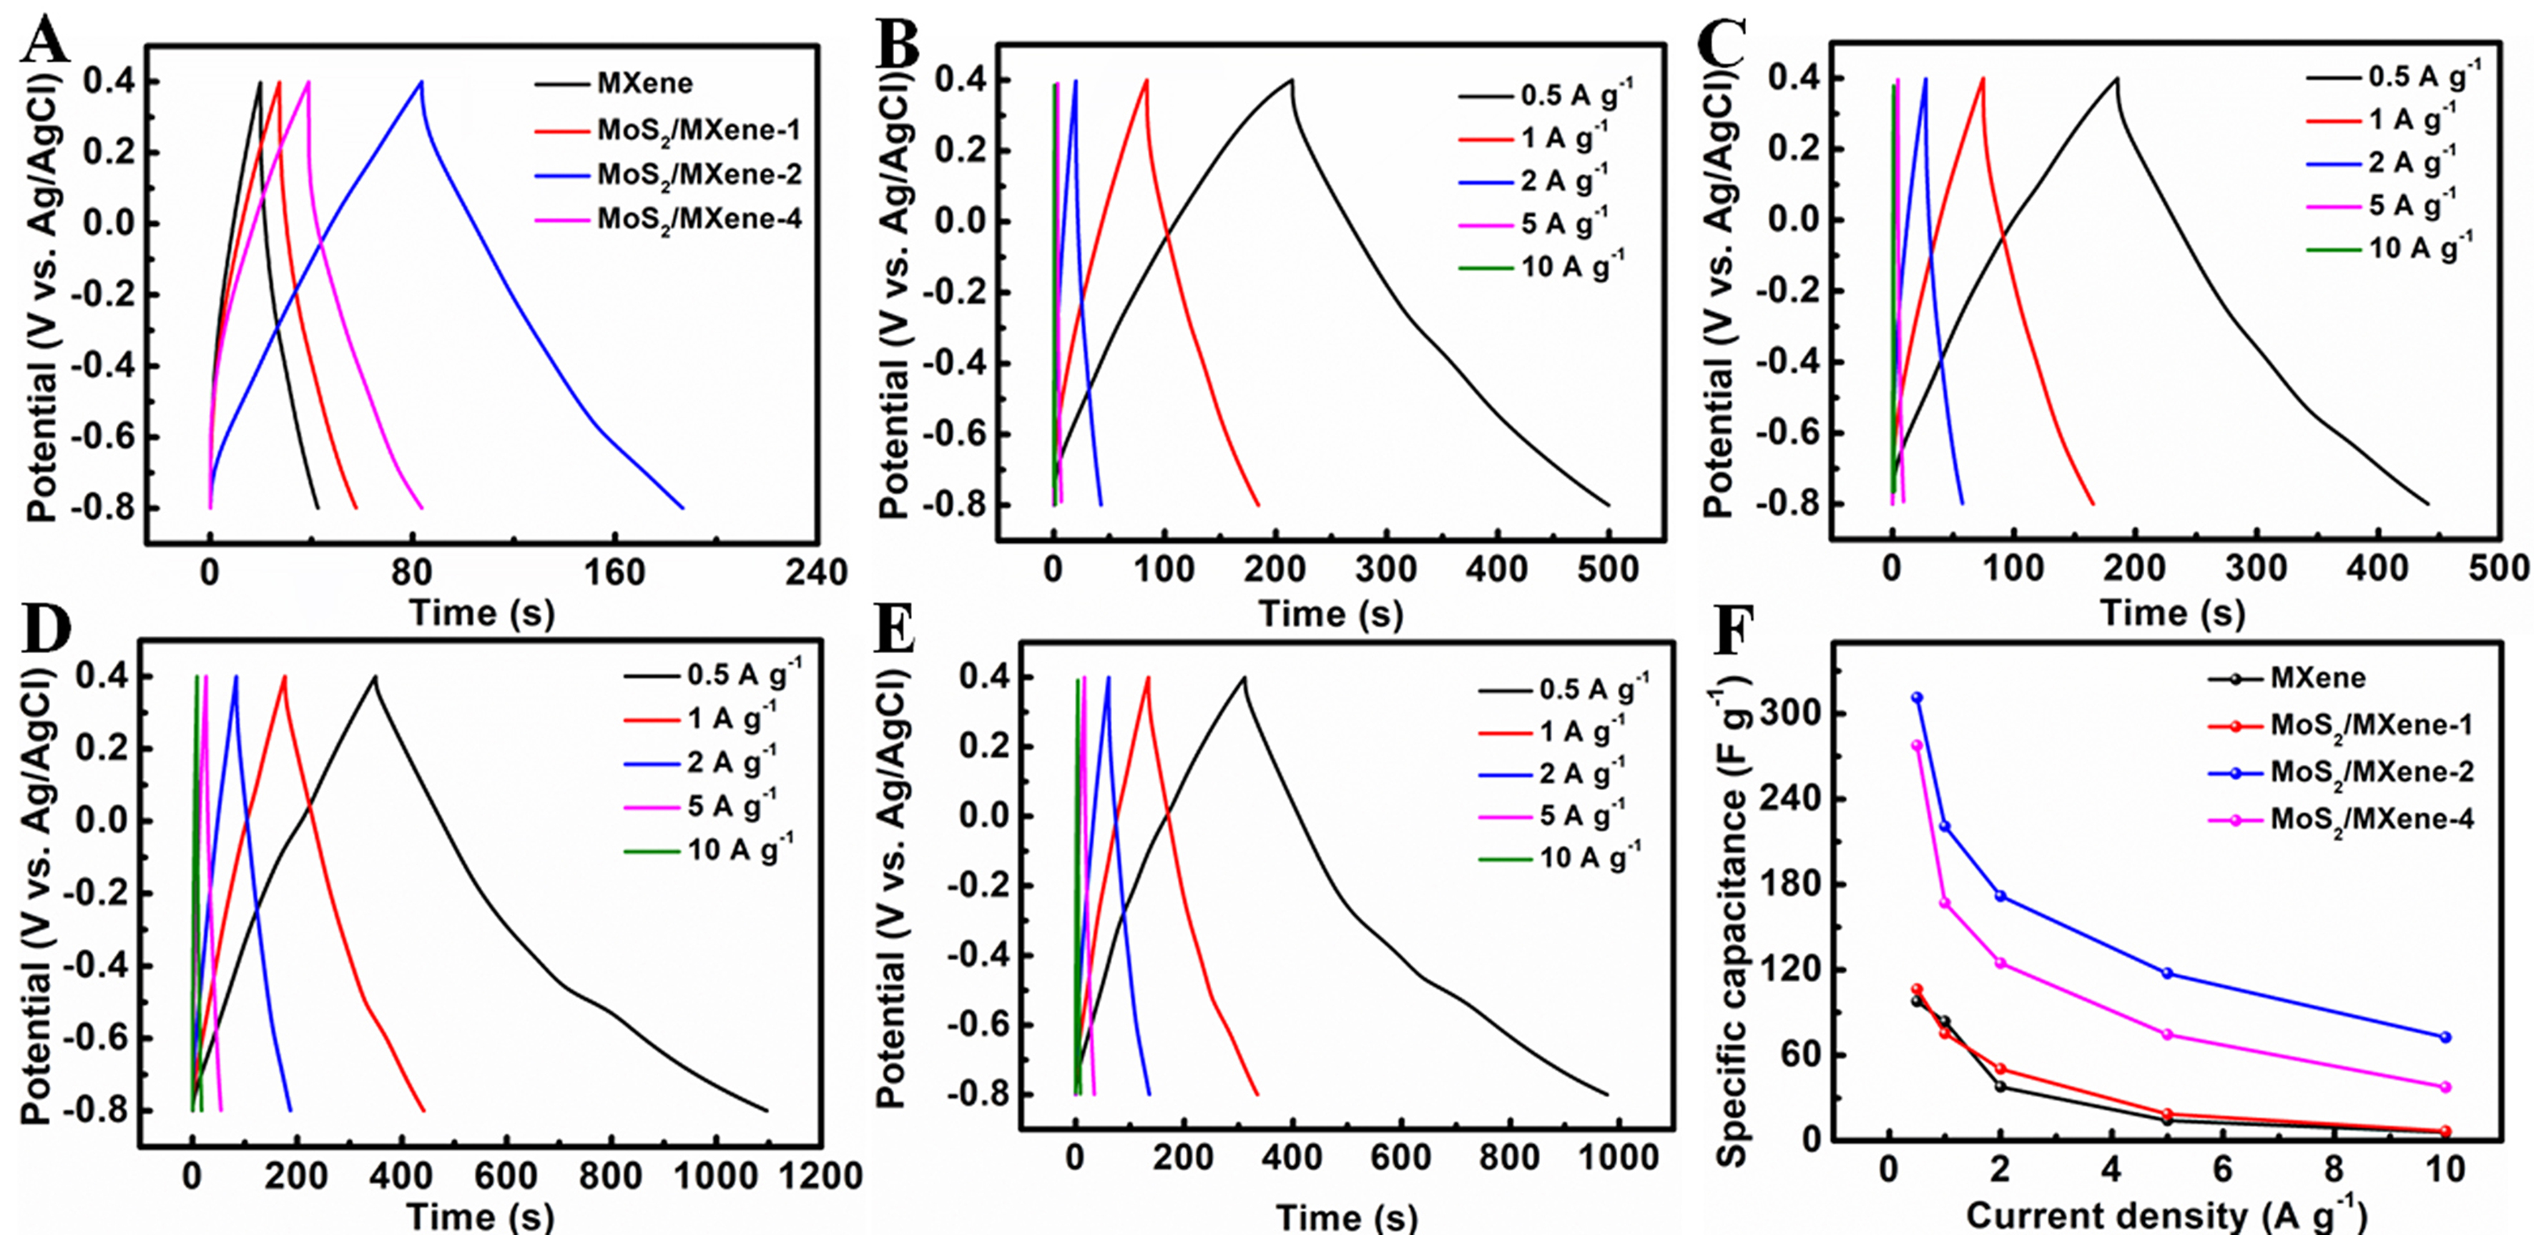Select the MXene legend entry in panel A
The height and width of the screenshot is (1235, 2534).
644,84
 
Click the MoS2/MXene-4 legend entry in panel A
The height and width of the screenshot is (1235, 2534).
699,218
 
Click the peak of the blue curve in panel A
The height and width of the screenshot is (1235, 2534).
422,82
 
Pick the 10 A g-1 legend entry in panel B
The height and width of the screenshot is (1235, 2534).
1571,267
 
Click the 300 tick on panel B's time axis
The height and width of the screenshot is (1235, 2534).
1386,569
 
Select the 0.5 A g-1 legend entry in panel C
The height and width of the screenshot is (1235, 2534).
2424,77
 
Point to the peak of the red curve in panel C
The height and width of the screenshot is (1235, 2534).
1983,79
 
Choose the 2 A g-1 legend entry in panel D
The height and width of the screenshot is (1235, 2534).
731,762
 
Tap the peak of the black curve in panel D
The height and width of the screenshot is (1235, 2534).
375,676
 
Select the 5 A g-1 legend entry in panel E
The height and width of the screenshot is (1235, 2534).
1581,815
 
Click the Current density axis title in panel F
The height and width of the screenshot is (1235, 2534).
2164,1216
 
